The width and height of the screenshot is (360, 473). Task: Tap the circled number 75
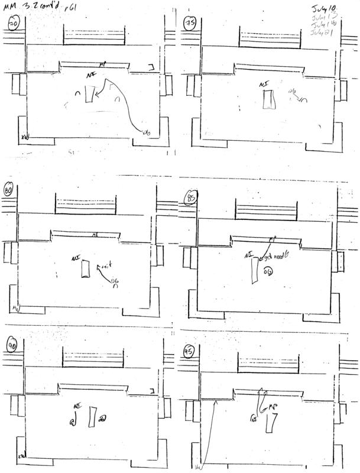(x=190, y=24)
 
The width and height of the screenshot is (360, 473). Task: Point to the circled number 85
(x=191, y=197)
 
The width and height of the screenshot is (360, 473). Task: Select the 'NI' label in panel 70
(x=90, y=75)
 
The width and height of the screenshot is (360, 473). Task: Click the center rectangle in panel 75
(x=270, y=100)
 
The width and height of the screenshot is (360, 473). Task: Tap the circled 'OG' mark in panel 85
(x=268, y=271)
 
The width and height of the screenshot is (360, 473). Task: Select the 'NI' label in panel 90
(x=76, y=406)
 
